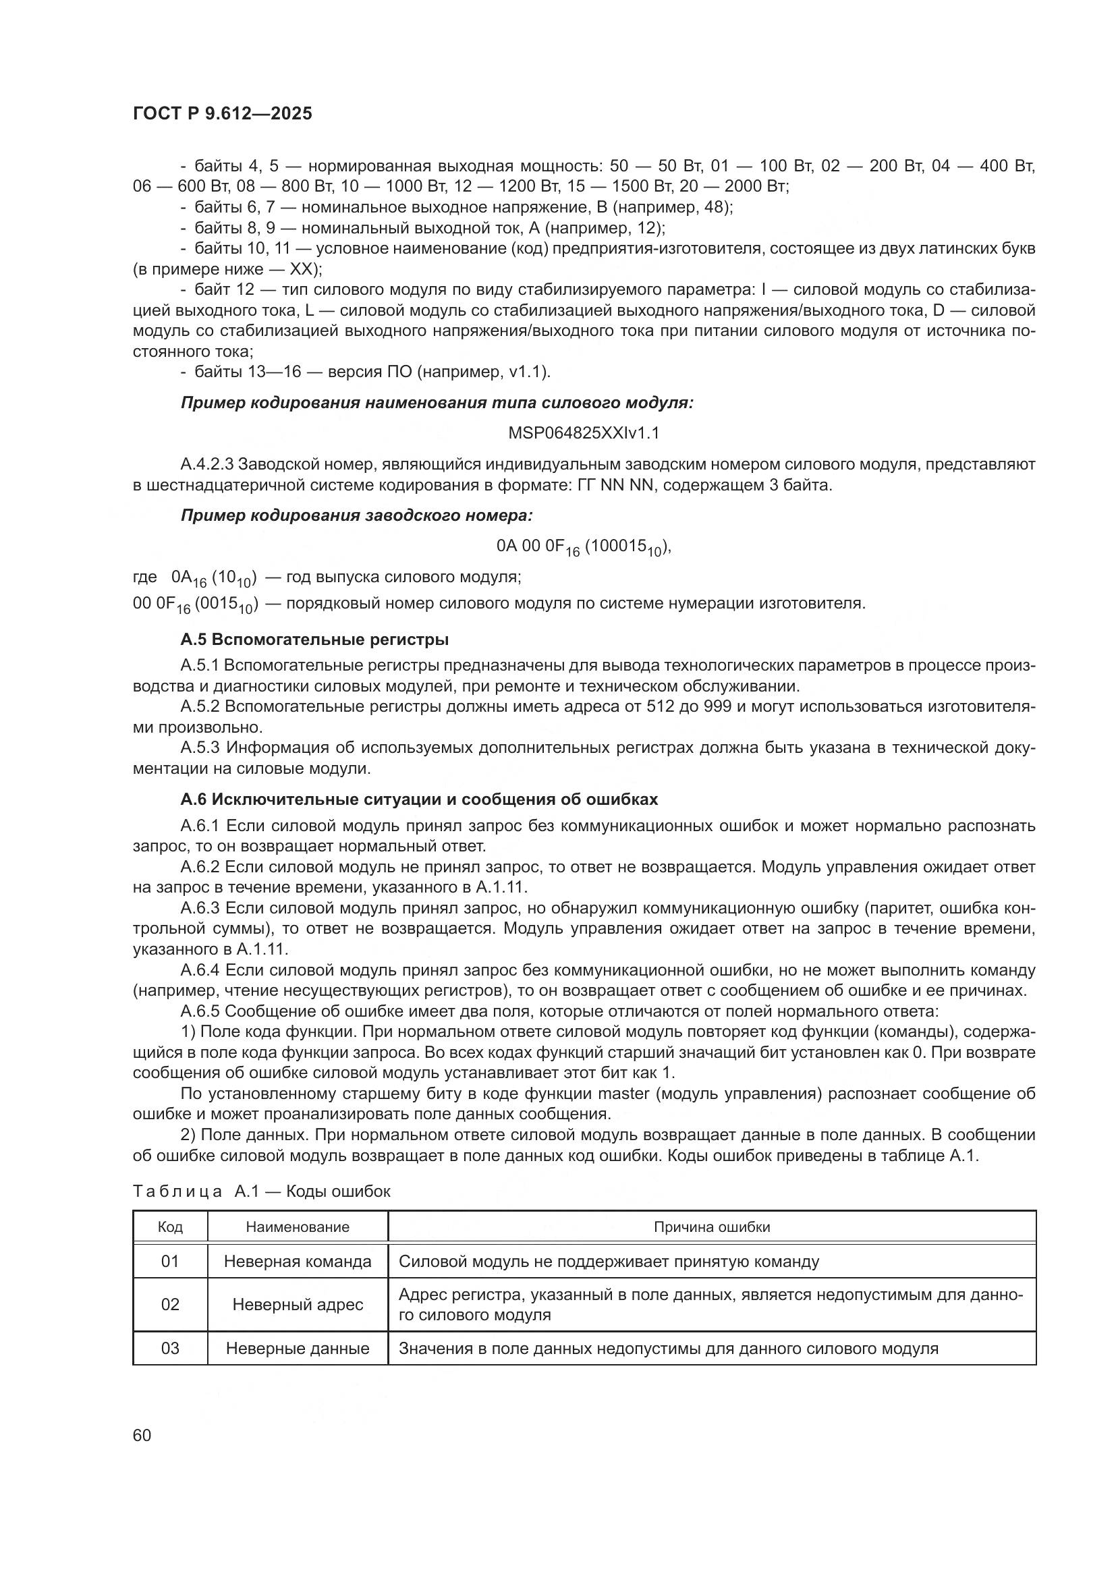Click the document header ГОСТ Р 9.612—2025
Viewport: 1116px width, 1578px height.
(x=222, y=114)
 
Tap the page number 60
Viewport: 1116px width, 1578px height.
(x=142, y=1435)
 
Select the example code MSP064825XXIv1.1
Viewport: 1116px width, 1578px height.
(x=584, y=433)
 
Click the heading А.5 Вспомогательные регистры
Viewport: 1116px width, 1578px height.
(x=314, y=640)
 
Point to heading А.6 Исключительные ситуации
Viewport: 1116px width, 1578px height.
(x=418, y=799)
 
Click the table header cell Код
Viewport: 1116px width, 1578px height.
(x=170, y=1227)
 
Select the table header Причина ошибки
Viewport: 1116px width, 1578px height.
(x=711, y=1227)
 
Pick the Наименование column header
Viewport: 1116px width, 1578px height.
(x=298, y=1227)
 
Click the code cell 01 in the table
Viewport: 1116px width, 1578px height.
(x=170, y=1261)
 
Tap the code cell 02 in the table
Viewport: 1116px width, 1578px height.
(x=170, y=1305)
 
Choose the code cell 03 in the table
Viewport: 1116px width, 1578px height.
(x=170, y=1349)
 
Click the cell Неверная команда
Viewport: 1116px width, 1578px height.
(x=298, y=1261)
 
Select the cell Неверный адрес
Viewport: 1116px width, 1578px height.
(x=298, y=1305)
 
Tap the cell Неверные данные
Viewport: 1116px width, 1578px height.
(x=298, y=1349)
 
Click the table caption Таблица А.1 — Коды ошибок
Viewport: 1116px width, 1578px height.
(x=261, y=1191)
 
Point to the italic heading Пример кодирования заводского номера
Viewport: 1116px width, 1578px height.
(x=357, y=515)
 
